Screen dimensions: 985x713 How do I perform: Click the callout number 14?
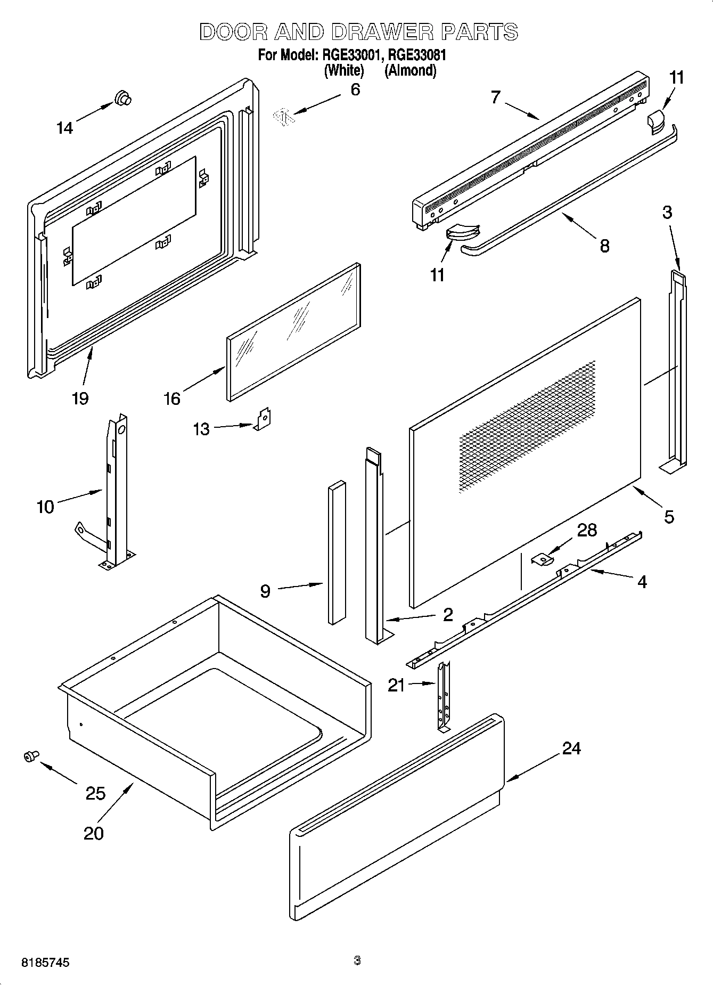coord(64,128)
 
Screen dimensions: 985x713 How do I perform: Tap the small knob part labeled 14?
coord(122,98)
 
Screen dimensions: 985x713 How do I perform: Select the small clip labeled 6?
coord(283,116)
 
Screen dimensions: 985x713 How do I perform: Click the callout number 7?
coord(496,97)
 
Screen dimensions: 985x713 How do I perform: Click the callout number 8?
coord(604,246)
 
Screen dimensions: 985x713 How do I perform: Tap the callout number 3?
coord(667,213)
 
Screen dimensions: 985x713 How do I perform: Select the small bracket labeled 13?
coord(263,419)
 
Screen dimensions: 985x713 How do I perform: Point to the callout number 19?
coord(80,398)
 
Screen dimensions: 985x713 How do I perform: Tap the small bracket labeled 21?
coord(444,697)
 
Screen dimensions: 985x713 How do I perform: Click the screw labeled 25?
coord(31,755)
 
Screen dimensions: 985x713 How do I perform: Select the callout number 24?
coord(571,748)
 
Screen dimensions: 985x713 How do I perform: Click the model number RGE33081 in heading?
coord(416,55)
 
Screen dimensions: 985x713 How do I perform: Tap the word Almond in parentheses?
coord(411,70)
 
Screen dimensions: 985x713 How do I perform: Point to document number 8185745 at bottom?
coord(45,963)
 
